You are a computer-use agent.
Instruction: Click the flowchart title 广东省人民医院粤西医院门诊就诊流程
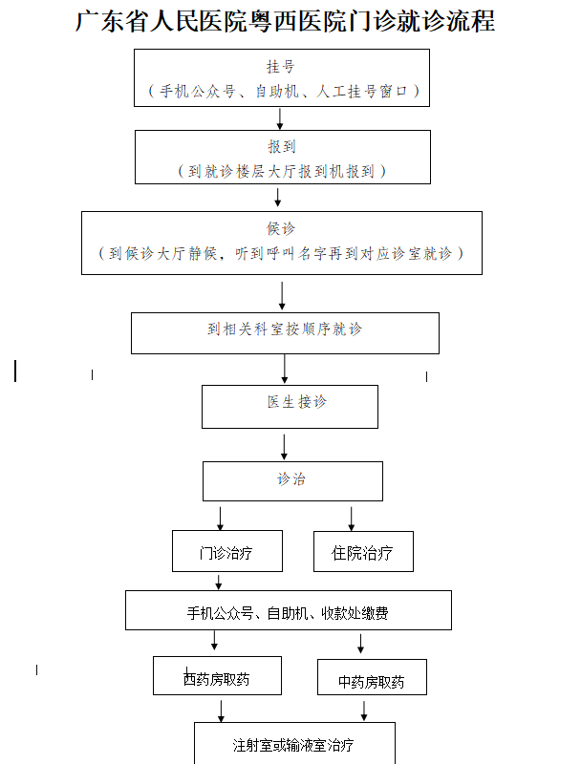(285, 21)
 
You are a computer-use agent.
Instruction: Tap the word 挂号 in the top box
(280, 67)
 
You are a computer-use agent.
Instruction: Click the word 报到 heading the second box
(282, 147)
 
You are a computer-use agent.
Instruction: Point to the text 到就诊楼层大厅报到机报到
(282, 171)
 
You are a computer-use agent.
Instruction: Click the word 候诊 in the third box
(281, 228)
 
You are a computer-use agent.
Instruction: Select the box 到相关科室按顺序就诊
(285, 331)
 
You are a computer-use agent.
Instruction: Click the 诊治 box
(291, 480)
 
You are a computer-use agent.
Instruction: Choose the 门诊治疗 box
(226, 552)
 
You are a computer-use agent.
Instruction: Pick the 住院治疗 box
(362, 552)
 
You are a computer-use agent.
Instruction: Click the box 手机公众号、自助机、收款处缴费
(288, 611)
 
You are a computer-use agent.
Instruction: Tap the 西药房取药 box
(217, 676)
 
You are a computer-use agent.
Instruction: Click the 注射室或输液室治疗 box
(293, 743)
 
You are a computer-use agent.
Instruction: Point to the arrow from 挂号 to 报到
(280, 117)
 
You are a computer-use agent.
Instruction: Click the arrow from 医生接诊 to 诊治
(285, 446)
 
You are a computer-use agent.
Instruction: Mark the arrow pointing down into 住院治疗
(352, 519)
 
